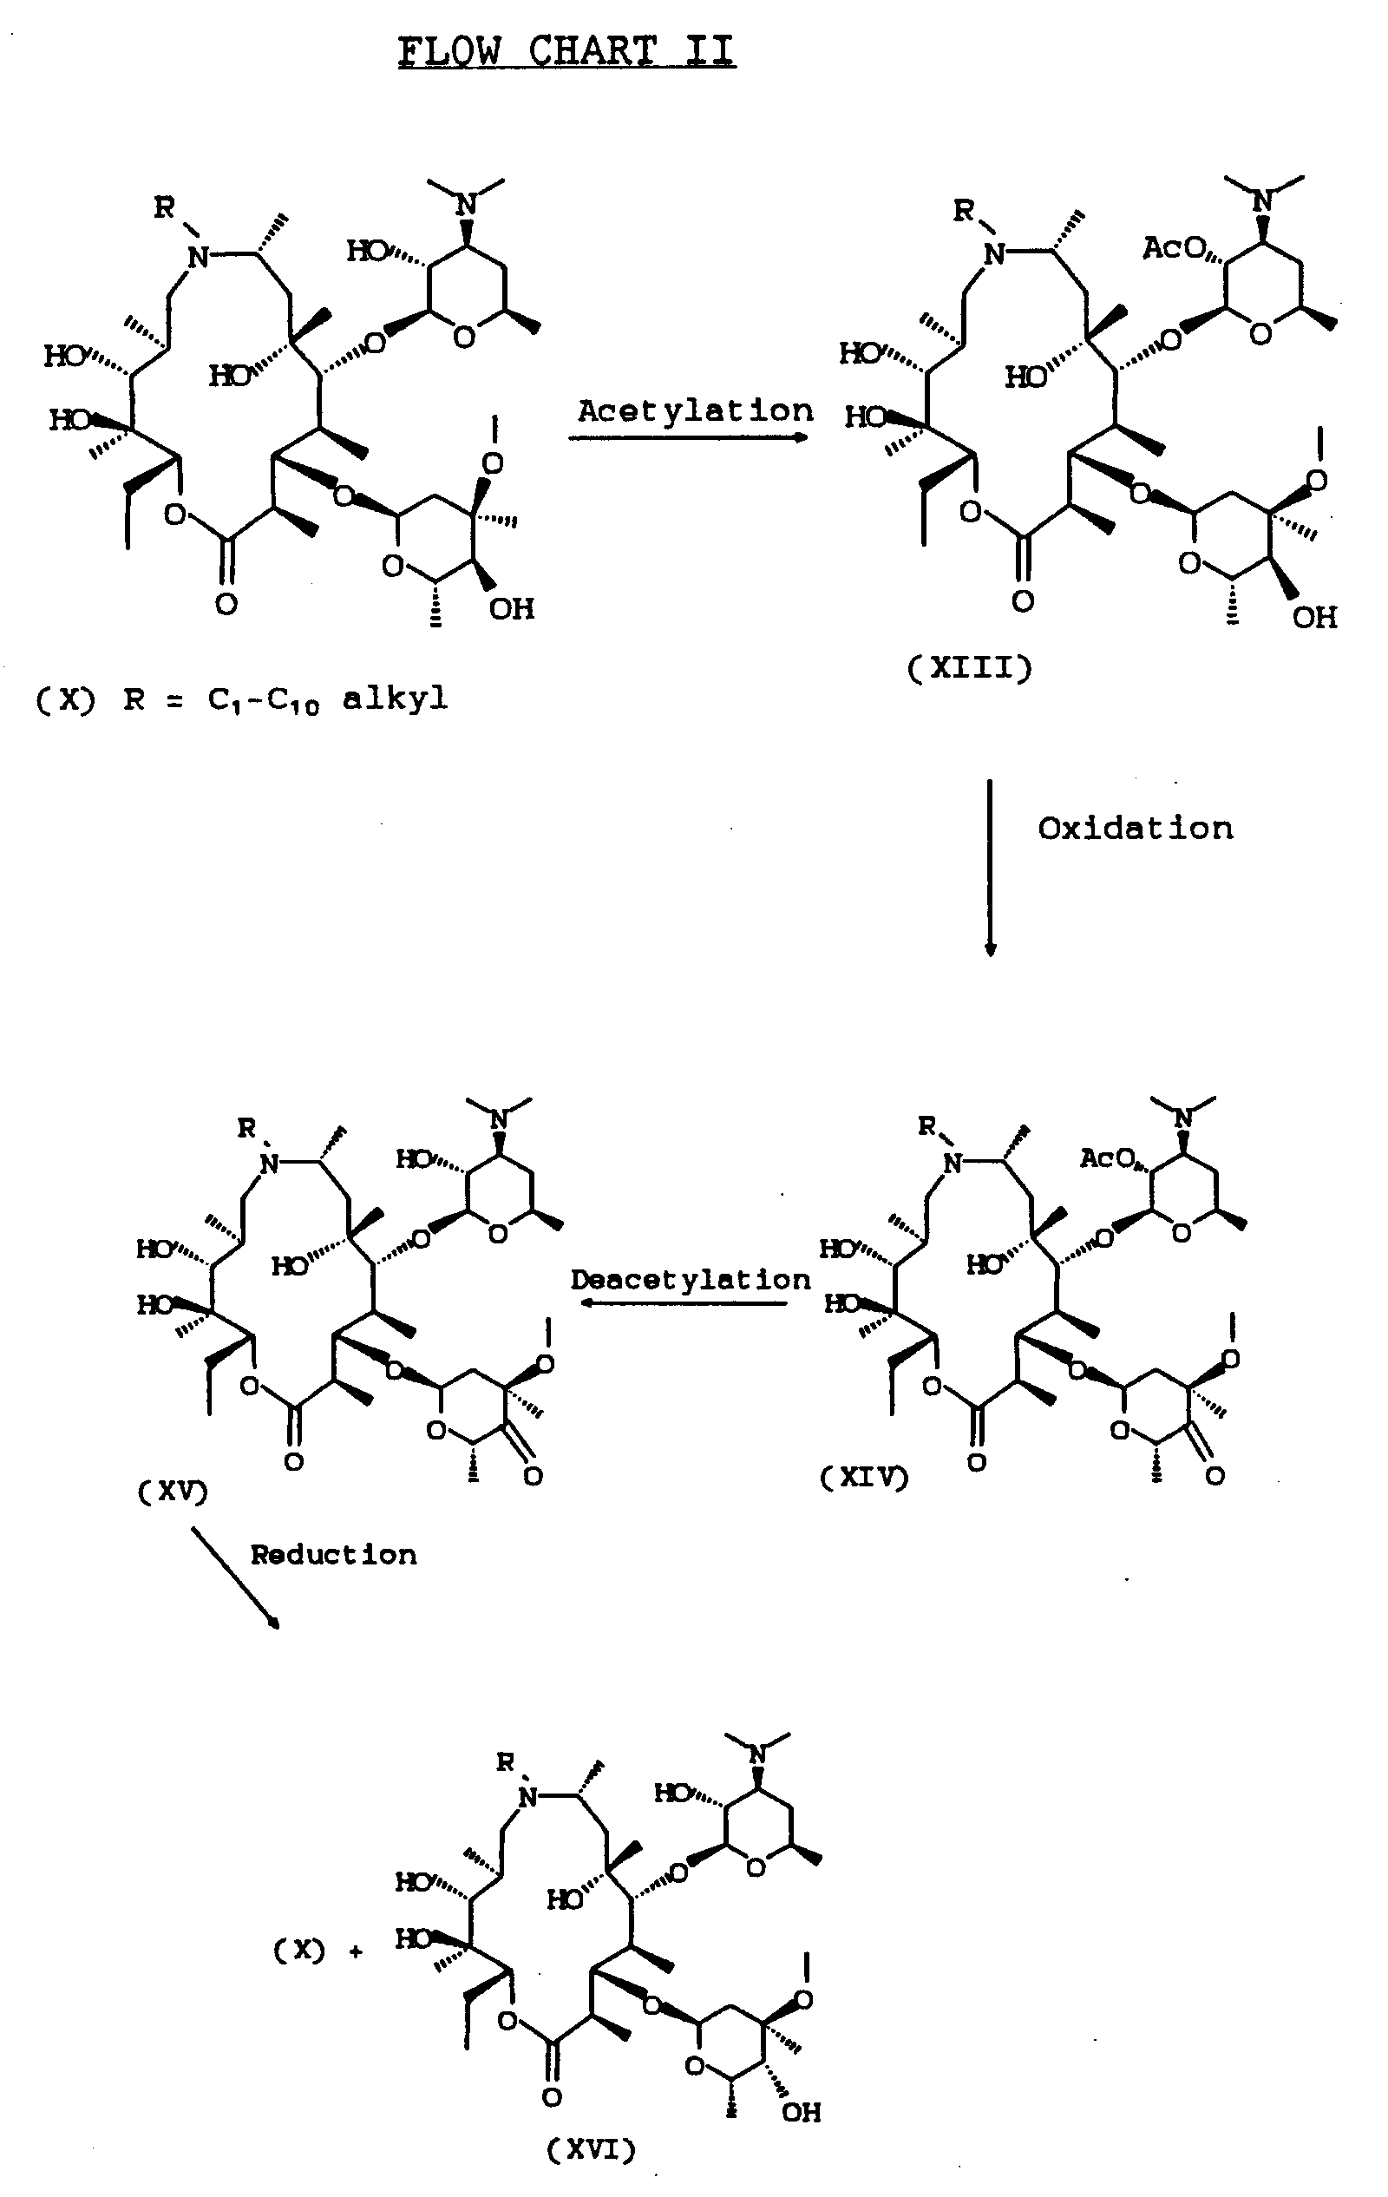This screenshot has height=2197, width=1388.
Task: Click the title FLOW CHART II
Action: coord(566,51)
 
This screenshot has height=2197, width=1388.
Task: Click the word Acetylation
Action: coord(695,411)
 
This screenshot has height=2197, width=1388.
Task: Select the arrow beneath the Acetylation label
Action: coord(689,438)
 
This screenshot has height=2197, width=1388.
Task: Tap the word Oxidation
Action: coord(1136,829)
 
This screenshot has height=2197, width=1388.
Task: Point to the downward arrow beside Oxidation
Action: coord(991,868)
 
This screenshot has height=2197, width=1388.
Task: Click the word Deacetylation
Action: coord(691,1279)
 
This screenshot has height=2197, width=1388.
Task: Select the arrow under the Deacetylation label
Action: coord(684,1303)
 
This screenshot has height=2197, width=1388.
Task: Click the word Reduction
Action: coord(334,1555)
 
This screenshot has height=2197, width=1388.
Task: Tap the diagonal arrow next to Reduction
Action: coord(234,1579)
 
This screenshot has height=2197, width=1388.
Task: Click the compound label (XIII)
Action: coord(969,669)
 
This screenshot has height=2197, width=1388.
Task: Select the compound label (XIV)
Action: coord(864,1477)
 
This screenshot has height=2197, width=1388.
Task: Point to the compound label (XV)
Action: coord(173,1492)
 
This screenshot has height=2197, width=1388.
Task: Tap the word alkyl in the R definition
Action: coord(395,698)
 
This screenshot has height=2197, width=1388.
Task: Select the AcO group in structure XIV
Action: coord(1107,1158)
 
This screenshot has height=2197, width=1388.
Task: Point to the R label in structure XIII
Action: coord(963,211)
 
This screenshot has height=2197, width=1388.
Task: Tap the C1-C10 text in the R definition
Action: coord(264,701)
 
